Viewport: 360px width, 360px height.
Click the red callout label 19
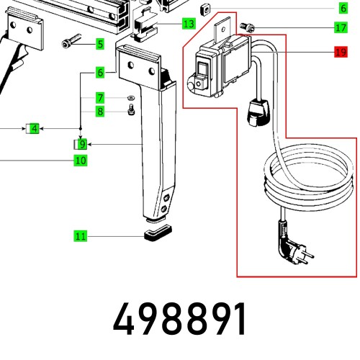click(340, 52)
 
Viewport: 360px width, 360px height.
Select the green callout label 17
click(340, 28)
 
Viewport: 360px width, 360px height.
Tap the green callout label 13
click(188, 24)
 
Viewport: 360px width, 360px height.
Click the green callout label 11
click(80, 235)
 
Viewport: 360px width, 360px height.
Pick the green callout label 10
click(80, 161)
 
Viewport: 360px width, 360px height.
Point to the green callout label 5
click(99, 44)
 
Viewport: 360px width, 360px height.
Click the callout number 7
click(100, 98)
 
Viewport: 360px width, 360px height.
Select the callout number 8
click(100, 111)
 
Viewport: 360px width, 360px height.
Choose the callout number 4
click(32, 129)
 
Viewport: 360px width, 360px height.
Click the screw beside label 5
click(69, 44)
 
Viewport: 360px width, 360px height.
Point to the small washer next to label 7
click(130, 98)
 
